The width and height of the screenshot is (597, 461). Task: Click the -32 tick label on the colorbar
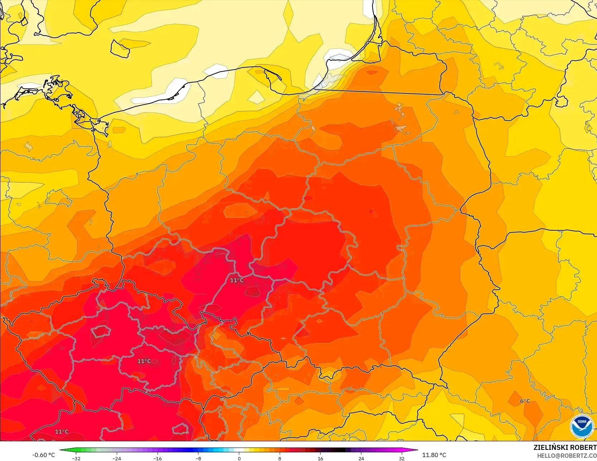[x=76, y=458]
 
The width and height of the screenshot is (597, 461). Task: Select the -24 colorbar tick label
[x=117, y=458]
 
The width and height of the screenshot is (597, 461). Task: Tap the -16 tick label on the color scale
[x=158, y=458]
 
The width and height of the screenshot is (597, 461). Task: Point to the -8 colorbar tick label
[x=198, y=458]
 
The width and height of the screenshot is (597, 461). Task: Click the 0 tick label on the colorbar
[x=239, y=458]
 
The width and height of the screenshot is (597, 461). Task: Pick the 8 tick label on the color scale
[x=280, y=458]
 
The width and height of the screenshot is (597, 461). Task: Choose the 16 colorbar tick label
[x=320, y=458]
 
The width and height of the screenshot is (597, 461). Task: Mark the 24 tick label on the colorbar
[x=361, y=458]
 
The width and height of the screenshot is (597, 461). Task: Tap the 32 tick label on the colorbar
[x=401, y=458]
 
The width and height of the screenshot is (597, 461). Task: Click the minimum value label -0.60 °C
[x=44, y=455]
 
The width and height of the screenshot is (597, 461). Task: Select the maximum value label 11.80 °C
[x=434, y=455]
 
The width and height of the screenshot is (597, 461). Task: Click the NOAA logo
[x=582, y=426]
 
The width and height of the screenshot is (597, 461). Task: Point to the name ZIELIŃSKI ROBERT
[x=565, y=447]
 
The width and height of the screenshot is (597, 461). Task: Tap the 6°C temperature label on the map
[x=525, y=401]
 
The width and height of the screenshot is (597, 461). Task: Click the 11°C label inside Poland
[x=237, y=280]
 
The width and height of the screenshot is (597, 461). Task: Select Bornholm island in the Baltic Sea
[x=120, y=48]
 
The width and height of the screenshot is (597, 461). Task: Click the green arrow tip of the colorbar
[x=61, y=450]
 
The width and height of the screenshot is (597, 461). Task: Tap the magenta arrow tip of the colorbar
[x=416, y=450]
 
